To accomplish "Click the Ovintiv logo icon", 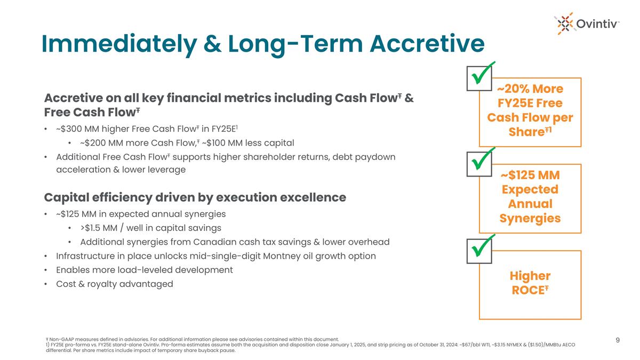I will [x=566, y=22].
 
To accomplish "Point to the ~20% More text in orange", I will [x=530, y=88].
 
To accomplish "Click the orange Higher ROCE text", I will [x=530, y=283].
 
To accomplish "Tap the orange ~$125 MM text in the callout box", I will [x=530, y=175].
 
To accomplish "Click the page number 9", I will [x=617, y=340].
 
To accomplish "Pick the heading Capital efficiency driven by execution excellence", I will [x=195, y=197].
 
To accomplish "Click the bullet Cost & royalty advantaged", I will [x=114, y=284].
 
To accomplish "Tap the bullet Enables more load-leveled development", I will [x=144, y=270].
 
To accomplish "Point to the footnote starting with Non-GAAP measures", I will [x=192, y=339].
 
